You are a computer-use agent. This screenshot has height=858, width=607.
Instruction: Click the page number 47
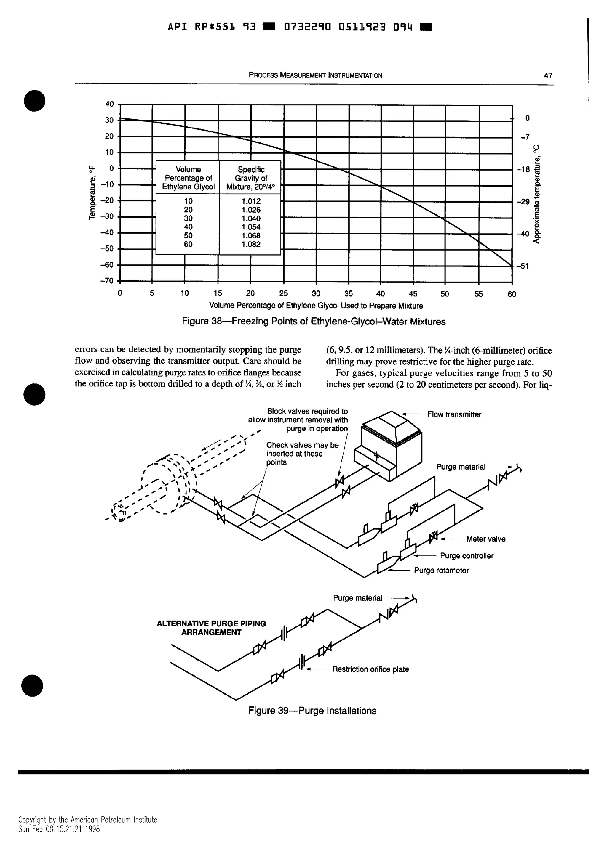(547, 75)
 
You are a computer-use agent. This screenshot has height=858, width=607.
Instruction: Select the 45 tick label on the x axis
(413, 294)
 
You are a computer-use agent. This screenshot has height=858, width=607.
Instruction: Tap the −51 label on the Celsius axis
(522, 266)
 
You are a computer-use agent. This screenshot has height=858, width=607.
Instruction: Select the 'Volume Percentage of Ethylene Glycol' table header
(188, 178)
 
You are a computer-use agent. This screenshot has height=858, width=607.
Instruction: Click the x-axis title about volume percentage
(316, 306)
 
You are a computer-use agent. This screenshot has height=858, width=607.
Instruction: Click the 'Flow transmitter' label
(454, 414)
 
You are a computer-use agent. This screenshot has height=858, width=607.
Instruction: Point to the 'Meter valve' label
(485, 539)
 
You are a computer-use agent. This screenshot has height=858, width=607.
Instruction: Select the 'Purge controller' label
(467, 556)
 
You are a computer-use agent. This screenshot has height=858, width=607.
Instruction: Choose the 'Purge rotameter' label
(441, 571)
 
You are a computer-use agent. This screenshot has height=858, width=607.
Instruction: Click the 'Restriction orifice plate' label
(370, 669)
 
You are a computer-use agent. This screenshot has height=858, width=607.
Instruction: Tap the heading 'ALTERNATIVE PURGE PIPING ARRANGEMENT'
(211, 628)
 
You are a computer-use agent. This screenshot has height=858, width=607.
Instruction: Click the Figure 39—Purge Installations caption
(312, 711)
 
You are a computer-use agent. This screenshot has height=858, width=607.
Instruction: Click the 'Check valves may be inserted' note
(302, 453)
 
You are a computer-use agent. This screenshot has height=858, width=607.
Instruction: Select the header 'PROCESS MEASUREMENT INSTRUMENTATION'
(315, 75)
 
